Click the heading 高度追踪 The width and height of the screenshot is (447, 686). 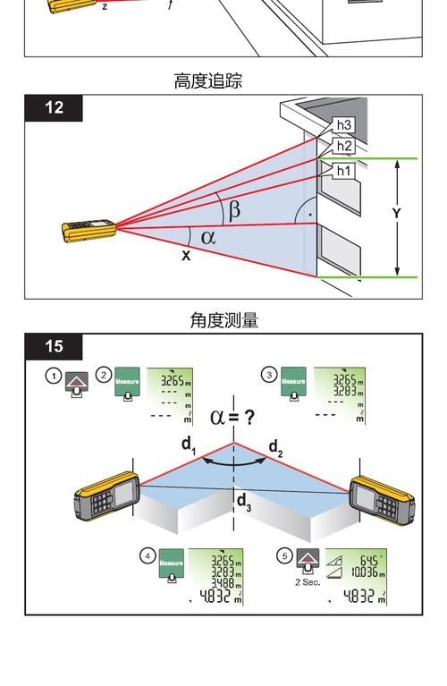pos(207,81)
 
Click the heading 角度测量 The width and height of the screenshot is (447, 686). pos(223,320)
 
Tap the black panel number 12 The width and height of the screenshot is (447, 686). pos(54,107)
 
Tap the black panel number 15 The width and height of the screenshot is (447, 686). pos(54,346)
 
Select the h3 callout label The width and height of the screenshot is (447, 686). pos(344,125)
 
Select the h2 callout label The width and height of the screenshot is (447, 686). pos(344,146)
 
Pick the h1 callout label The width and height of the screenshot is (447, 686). pos(344,170)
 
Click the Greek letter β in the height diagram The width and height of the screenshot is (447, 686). pos(234,210)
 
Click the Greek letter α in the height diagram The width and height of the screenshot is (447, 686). pos(208,237)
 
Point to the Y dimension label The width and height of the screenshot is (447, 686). pos(396,213)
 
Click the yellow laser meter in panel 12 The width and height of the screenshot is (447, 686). pos(89,231)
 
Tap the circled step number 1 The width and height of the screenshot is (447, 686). pos(54,376)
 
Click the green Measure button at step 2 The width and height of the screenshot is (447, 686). pos(128,382)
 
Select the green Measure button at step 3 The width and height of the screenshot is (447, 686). pos(293,382)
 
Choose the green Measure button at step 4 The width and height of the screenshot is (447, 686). pos(171,563)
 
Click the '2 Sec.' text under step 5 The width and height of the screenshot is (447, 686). pos(308,582)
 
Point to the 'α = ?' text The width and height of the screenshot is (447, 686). pos(232,416)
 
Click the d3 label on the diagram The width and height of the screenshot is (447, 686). pos(243,503)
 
